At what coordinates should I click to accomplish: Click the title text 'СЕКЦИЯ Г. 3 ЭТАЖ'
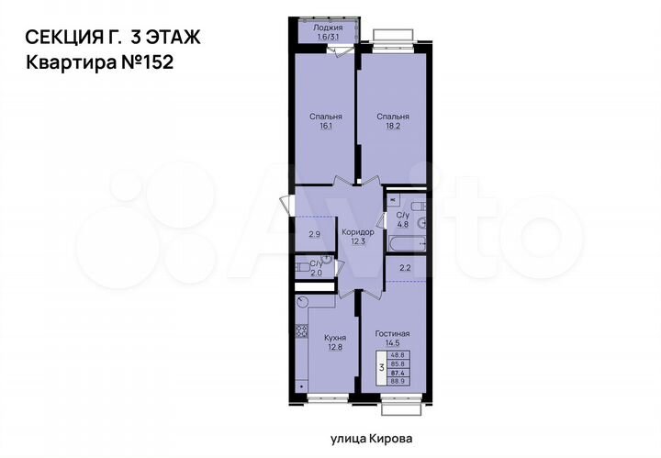(109, 37)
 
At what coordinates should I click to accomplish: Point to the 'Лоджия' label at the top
(327, 28)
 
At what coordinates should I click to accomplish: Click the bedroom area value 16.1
(326, 128)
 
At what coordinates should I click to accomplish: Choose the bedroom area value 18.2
(392, 128)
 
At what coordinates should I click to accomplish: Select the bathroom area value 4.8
(401, 222)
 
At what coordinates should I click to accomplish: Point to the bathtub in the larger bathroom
(404, 243)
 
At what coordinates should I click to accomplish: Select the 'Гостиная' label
(392, 334)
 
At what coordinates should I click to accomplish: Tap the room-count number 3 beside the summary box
(382, 367)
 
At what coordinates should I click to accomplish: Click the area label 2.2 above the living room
(405, 268)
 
